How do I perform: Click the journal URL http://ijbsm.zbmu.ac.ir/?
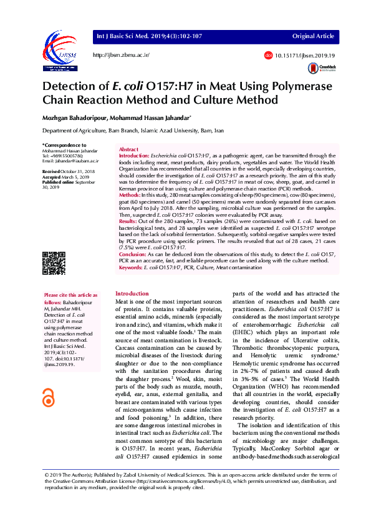pos(122,56)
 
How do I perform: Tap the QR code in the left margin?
pos(54,262)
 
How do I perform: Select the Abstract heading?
pos(128,150)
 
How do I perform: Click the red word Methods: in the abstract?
pos(131,196)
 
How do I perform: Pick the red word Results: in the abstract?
pos(128,222)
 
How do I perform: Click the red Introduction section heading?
pos(132,293)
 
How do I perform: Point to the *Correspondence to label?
pos(61,146)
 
